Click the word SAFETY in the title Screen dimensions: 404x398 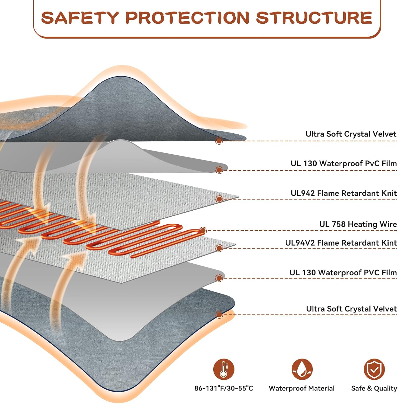(80, 18)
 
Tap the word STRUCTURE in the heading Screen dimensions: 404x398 (314, 18)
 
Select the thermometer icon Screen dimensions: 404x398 (224, 369)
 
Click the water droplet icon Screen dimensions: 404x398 (302, 369)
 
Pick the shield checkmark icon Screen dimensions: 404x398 (374, 369)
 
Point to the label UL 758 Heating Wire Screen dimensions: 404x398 (358, 224)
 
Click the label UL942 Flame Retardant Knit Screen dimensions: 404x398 (344, 193)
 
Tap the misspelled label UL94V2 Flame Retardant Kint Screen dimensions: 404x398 (341, 243)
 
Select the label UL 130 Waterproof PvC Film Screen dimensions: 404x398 (344, 163)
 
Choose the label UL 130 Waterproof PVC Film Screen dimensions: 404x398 (343, 273)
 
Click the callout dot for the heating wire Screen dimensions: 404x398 (203, 230)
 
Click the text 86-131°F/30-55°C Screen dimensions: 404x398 (224, 388)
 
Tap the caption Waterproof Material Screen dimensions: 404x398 (302, 388)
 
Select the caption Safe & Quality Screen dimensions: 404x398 (374, 388)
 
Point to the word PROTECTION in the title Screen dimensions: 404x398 (187, 18)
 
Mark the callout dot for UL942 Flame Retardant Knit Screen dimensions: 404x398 (219, 199)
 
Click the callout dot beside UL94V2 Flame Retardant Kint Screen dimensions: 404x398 (219, 248)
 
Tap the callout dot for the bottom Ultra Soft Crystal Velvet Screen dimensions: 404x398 (219, 314)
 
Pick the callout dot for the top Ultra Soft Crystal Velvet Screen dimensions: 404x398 (219, 141)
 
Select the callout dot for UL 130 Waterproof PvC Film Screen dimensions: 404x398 (219, 170)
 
